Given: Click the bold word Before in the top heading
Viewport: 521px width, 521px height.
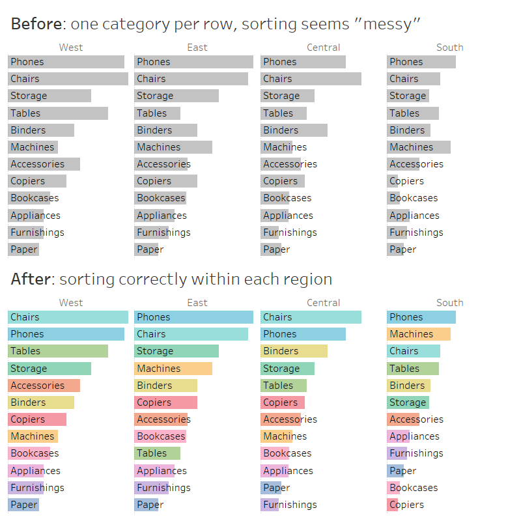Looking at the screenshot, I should tap(36, 25).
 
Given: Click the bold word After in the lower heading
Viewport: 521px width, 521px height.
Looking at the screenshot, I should tap(30, 279).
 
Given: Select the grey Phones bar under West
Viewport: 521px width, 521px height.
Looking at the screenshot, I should tap(66, 62).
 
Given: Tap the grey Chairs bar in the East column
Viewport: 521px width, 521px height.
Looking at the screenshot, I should tap(191, 79).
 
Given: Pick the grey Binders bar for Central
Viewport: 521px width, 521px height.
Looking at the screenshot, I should tap(294, 130).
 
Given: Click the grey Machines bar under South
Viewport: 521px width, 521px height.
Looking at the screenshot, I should tap(418, 147).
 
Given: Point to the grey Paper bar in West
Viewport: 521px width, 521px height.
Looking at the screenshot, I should tap(23, 249).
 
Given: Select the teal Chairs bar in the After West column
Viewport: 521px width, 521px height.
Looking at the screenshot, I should tap(68, 317).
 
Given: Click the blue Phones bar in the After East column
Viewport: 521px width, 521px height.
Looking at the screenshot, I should tap(193, 317).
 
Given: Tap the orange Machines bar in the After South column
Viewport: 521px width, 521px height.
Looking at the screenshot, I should tap(418, 334).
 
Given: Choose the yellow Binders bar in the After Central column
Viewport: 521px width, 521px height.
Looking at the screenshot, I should tap(294, 351).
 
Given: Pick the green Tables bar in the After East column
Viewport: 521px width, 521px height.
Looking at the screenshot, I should tap(157, 453).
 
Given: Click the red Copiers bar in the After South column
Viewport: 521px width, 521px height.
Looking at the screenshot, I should tap(393, 505).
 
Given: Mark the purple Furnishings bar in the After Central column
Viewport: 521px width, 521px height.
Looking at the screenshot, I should tap(270, 505).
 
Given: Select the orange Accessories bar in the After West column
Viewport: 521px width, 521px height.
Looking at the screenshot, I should tap(44, 386).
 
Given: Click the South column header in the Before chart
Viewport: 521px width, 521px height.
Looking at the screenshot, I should tap(449, 48).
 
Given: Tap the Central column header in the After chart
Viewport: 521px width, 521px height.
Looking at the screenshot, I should tap(323, 303).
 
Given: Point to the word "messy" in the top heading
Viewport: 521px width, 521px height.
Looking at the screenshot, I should tap(387, 25).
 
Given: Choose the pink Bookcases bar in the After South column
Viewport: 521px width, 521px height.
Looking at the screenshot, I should tap(395, 488).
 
